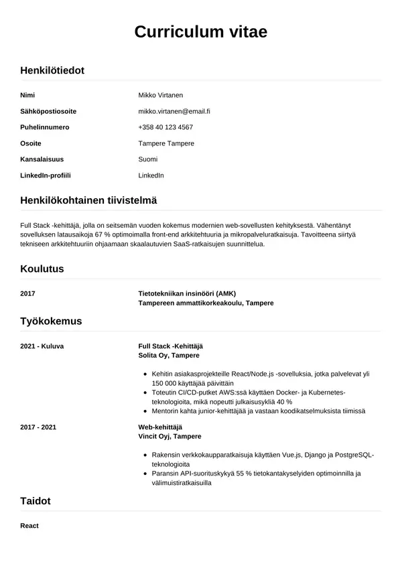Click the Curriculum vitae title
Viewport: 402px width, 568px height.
[x=201, y=32]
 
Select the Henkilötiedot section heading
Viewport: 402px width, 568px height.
[x=52, y=70]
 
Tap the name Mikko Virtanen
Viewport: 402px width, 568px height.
[x=161, y=95]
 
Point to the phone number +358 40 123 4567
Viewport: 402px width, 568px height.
[x=165, y=127]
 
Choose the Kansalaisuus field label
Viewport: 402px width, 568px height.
[x=43, y=159]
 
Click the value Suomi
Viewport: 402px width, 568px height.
[x=148, y=159]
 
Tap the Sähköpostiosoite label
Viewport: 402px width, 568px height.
[x=48, y=111]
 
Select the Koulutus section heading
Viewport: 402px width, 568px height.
[x=42, y=269]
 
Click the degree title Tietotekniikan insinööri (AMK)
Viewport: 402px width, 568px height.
[x=187, y=293]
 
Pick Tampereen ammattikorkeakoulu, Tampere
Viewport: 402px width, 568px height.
[x=206, y=303]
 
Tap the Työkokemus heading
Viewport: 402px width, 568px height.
[x=51, y=321]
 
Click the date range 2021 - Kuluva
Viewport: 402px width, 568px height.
[x=42, y=346]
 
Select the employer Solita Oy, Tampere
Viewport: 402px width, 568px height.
[x=168, y=355]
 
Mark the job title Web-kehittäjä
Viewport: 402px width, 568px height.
[x=159, y=427]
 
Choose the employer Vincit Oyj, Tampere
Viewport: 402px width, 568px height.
[x=170, y=436]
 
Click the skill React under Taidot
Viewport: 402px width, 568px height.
[x=29, y=526]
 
